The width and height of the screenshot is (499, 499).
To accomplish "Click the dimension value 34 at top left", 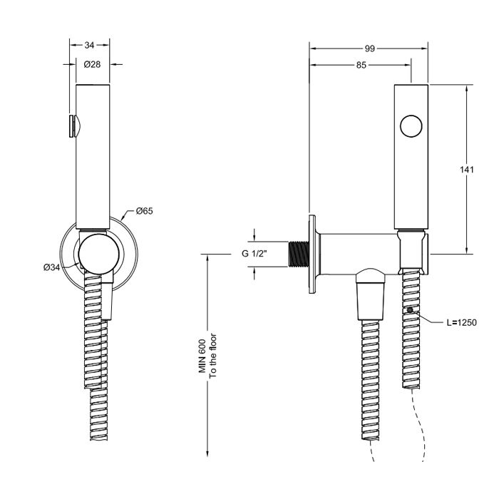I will pos(90,45).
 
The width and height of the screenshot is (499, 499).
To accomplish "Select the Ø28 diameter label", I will pos(91,64).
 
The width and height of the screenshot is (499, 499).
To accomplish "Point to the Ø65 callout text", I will pos(145,211).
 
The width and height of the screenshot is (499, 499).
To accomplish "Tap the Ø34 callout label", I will pos(51,267).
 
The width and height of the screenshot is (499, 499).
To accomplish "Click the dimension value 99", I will pos(369,48).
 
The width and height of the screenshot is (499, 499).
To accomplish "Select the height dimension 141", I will pos(466,170).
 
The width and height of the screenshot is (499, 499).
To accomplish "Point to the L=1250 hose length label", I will pos(461,322).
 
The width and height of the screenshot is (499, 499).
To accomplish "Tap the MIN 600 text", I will pos(202,356).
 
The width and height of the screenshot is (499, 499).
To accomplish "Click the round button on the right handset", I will pos(411,128).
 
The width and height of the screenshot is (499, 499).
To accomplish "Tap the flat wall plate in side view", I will pos(312,254).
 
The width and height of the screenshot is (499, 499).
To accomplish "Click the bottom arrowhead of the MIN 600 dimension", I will pos(207,453).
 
